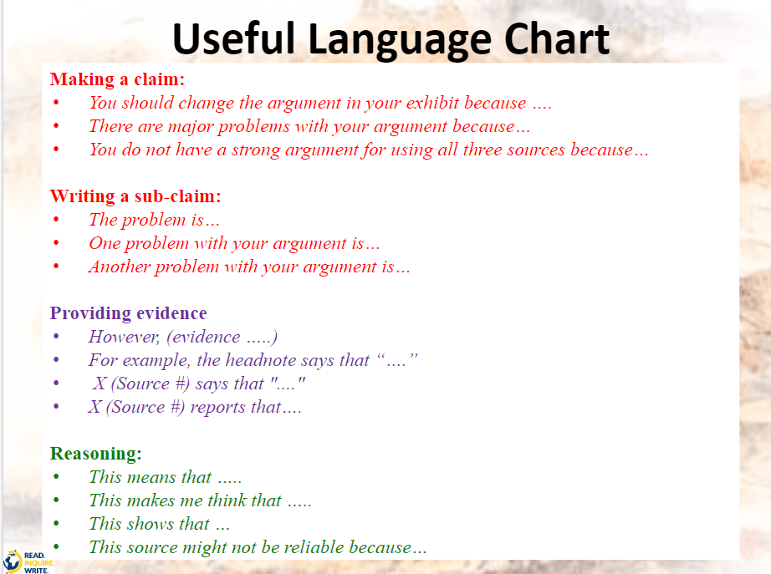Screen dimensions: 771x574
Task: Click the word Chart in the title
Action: [557, 38]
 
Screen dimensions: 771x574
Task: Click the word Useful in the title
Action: [234, 38]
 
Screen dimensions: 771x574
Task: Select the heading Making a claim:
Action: [117, 79]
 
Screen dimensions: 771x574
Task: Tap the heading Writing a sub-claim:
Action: [135, 196]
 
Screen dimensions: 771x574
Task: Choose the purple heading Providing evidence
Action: [128, 313]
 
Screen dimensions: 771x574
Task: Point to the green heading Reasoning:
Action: [96, 454]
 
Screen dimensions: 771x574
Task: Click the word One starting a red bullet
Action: [105, 243]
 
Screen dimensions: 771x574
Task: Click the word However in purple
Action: [124, 337]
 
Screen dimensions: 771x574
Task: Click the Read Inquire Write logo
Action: [27, 561]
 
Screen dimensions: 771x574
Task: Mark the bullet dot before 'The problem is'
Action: [56, 220]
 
